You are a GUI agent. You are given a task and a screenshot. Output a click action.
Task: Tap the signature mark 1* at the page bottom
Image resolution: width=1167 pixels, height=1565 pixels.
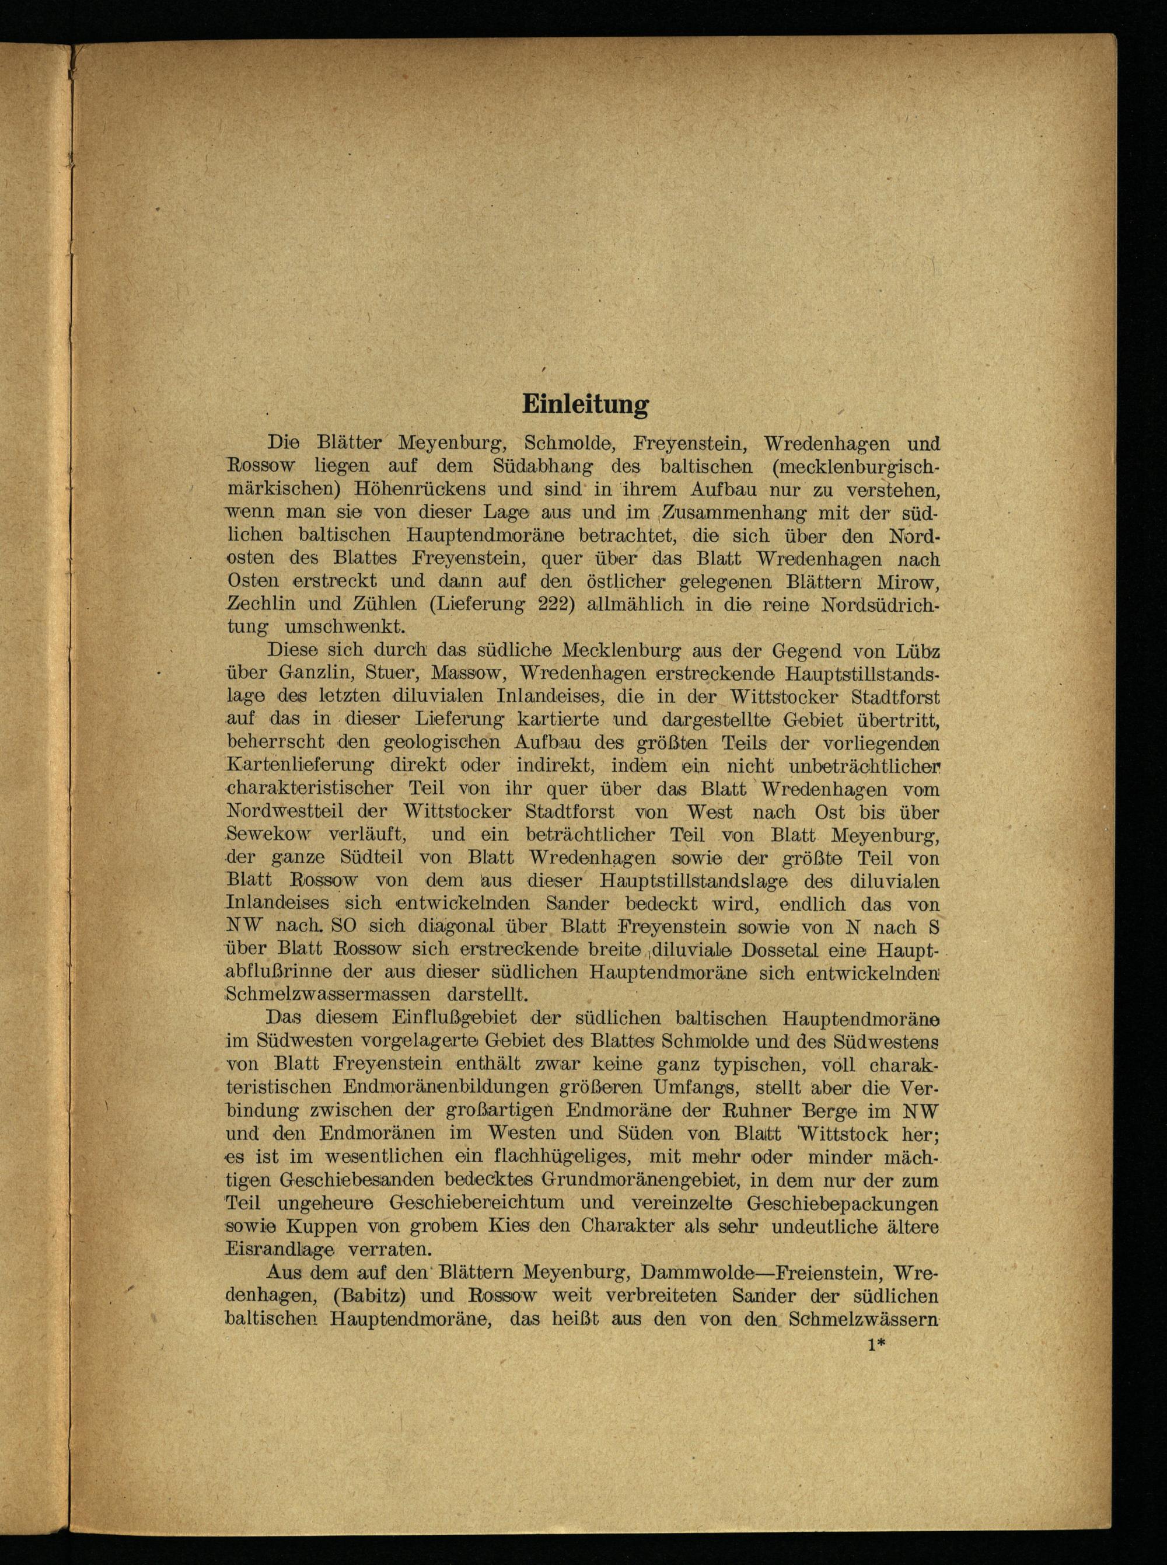(876, 1346)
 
